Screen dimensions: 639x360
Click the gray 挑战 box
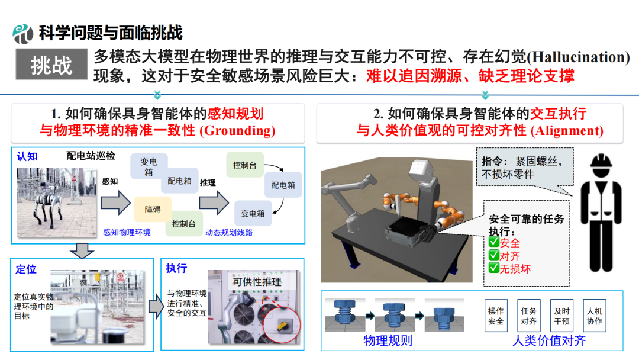(x=51, y=64)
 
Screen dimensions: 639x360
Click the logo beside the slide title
(x=22, y=33)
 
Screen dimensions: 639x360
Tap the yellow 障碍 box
(x=153, y=209)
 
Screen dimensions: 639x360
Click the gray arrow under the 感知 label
(x=115, y=202)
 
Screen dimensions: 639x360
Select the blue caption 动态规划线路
(x=228, y=232)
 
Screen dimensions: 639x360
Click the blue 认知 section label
(x=27, y=156)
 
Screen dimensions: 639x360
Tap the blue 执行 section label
(x=176, y=268)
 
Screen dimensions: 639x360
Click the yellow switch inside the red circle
(x=282, y=325)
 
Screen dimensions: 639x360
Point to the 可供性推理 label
(x=257, y=282)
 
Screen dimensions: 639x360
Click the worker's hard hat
(x=601, y=162)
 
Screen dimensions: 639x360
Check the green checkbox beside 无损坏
(x=494, y=268)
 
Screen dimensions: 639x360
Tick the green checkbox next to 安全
(x=494, y=242)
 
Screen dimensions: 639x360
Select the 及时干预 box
(x=561, y=316)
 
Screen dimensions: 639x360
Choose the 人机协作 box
(x=595, y=316)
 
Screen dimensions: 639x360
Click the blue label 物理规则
(x=388, y=340)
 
